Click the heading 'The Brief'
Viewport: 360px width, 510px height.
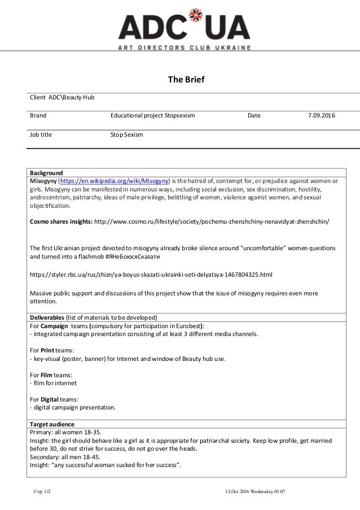[x=186, y=79]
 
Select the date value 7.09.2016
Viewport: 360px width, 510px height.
[x=321, y=116]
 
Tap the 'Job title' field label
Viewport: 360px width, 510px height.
[x=41, y=135]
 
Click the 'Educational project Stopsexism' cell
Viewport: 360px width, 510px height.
[x=152, y=116]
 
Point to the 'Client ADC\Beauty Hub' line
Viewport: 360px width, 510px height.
[x=62, y=98]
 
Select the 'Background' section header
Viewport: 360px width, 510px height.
[x=46, y=173]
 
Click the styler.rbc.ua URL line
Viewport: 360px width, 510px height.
[x=151, y=275]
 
